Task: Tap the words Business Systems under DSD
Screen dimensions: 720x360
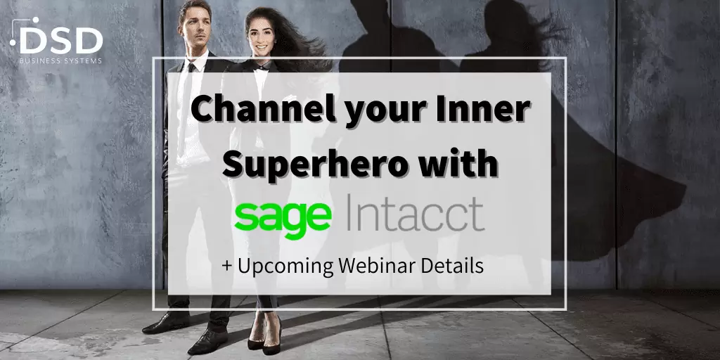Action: click(60, 60)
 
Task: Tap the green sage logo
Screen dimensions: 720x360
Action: click(282, 217)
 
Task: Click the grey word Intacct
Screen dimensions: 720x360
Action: click(412, 214)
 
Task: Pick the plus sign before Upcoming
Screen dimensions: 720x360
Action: click(227, 266)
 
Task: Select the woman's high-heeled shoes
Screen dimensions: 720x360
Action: click(265, 334)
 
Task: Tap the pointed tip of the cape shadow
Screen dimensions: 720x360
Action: click(685, 188)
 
